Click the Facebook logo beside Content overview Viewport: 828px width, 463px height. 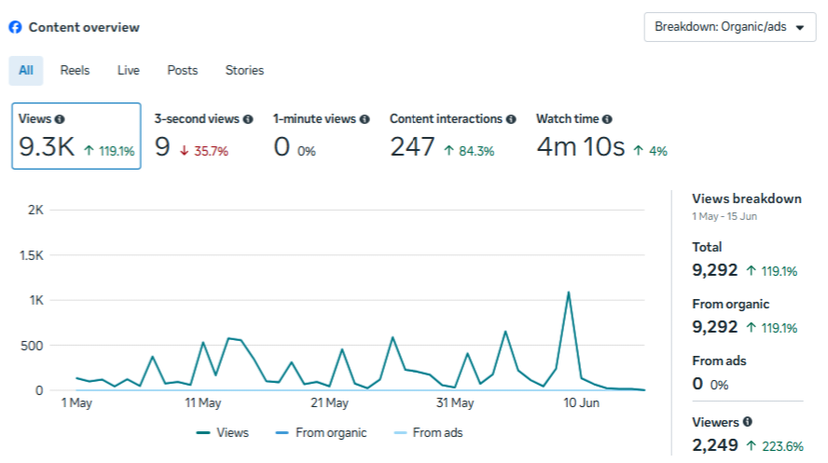pos(15,27)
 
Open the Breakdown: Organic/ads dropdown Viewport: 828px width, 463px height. pos(730,27)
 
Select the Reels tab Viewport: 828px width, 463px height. pos(75,71)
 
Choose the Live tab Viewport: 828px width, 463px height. pos(129,71)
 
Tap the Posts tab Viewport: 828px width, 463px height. pos(182,71)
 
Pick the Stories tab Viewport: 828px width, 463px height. pos(244,71)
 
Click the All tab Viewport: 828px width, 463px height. pos(26,71)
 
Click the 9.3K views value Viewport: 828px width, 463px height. pos(47,146)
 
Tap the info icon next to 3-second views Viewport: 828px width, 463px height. pos(248,119)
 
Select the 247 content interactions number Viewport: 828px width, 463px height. pos(412,146)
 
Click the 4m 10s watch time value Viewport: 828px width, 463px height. pos(581,146)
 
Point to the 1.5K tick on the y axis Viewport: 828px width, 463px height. pos(32,255)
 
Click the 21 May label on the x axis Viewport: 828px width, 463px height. pos(329,402)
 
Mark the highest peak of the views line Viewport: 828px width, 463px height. pos(568,292)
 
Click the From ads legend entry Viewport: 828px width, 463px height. pos(428,433)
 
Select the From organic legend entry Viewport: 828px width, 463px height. pos(321,433)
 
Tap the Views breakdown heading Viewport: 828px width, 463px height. pos(747,198)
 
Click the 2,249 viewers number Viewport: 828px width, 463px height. pos(715,445)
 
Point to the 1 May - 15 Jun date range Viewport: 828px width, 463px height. pos(724,216)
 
